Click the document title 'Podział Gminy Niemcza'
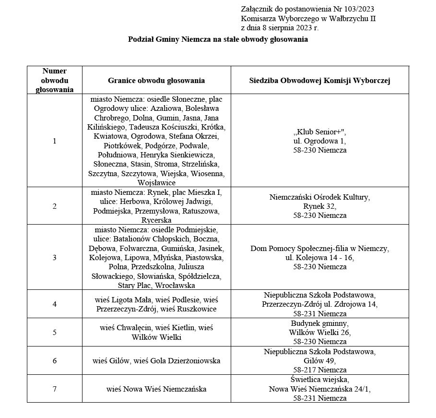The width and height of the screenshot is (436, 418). [218, 39]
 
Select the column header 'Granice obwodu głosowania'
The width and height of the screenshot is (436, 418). [156, 81]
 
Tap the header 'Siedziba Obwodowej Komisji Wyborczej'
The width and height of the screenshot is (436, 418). [319, 81]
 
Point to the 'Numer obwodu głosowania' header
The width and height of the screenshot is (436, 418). [54, 80]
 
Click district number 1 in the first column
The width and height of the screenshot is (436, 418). [54, 141]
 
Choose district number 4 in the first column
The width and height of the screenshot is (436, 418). [54, 304]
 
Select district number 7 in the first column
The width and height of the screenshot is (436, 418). [54, 389]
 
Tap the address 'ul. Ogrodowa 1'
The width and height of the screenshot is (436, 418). [319, 141]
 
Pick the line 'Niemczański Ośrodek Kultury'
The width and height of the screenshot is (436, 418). [319, 197]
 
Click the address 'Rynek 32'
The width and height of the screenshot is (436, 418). [319, 206]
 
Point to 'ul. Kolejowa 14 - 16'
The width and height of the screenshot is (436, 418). [319, 258]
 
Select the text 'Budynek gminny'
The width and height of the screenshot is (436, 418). [319, 323]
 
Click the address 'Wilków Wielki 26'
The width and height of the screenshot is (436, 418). [319, 332]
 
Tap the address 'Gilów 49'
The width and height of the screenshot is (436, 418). [319, 360]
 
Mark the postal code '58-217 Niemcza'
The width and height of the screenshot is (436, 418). [319, 370]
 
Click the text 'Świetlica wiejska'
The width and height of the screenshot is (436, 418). [319, 380]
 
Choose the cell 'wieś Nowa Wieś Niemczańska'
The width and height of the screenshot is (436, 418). [156, 389]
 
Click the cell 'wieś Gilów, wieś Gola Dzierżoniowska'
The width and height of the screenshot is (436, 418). [156, 360]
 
